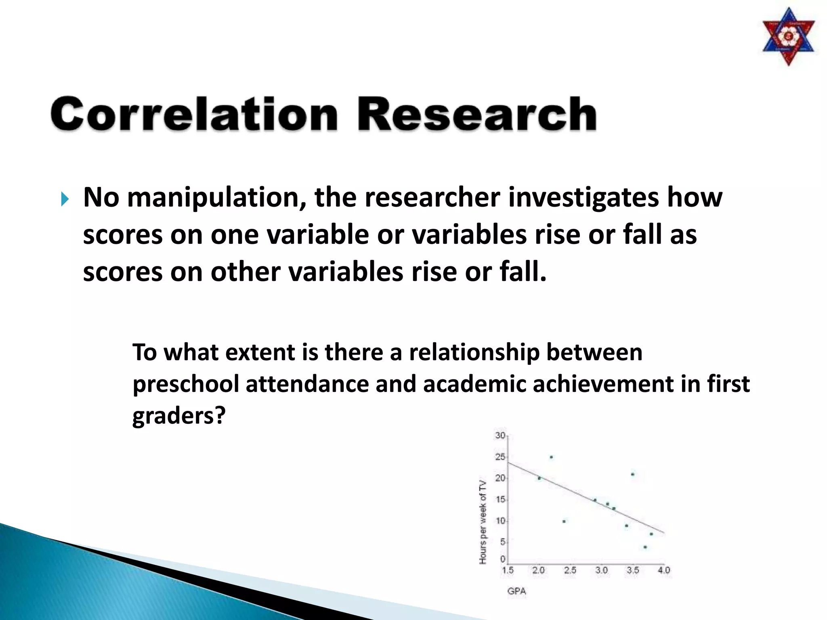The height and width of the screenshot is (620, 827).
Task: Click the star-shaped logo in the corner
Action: [x=788, y=37]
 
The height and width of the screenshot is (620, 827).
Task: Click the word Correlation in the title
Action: [x=194, y=114]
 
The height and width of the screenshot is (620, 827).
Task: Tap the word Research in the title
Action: [x=476, y=114]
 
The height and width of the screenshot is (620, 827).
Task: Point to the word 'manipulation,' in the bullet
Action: [x=216, y=198]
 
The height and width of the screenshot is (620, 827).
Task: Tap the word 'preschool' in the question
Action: [x=186, y=384]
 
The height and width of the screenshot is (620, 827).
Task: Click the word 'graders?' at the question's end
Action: [x=178, y=416]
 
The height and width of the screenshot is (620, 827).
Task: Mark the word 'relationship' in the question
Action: [x=474, y=353]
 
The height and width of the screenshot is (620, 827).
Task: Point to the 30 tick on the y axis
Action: [x=500, y=435]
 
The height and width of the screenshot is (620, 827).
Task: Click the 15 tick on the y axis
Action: [x=500, y=499]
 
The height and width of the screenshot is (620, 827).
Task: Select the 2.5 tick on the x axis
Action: [x=570, y=570]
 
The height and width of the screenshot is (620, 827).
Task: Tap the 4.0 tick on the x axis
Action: [x=664, y=570]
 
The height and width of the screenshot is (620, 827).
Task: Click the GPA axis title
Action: [x=516, y=591]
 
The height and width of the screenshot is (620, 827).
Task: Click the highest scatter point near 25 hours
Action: [x=551, y=457]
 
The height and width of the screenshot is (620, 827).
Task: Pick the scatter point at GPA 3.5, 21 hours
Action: [x=632, y=474]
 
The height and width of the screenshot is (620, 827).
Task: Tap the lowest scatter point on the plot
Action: [x=645, y=547]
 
